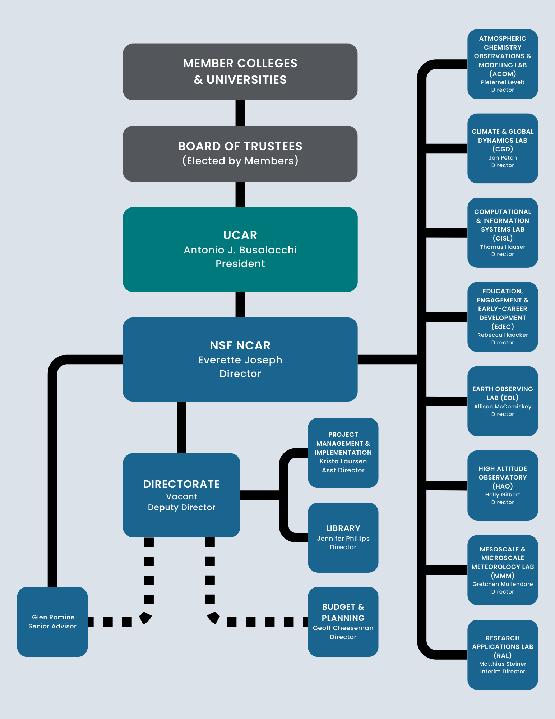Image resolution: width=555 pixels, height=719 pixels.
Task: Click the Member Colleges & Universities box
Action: (240, 72)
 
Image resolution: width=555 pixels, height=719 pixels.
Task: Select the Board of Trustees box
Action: (240, 154)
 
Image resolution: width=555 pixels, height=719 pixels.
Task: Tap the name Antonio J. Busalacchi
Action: (240, 250)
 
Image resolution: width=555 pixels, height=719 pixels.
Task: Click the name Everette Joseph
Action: (240, 360)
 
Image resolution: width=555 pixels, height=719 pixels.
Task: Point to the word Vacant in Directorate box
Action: (181, 496)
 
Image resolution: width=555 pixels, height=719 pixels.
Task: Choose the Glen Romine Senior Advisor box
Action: (52, 622)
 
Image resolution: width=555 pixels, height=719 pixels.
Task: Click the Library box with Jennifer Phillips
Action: (343, 537)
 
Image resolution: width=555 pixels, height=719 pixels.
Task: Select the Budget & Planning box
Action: (343, 622)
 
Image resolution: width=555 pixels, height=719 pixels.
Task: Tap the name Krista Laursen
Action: (343, 461)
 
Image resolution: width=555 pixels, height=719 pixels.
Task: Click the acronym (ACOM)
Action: (502, 74)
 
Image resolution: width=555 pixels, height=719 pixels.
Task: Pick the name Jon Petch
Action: (502, 158)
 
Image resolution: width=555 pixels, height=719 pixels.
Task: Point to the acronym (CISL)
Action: (502, 238)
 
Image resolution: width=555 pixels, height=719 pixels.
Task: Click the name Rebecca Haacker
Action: (502, 335)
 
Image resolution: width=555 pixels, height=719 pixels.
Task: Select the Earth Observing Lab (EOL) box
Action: (502, 401)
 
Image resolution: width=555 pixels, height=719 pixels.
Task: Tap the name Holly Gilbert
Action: (502, 495)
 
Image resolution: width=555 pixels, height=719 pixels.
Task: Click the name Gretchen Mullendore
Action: (502, 584)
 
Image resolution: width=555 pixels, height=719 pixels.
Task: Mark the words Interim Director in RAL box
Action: (502, 672)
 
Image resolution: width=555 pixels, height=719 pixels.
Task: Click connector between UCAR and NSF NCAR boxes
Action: (240, 304)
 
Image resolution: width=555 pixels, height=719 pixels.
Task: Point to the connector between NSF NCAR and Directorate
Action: (181, 427)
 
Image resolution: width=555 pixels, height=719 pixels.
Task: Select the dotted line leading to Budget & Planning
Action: (260, 622)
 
